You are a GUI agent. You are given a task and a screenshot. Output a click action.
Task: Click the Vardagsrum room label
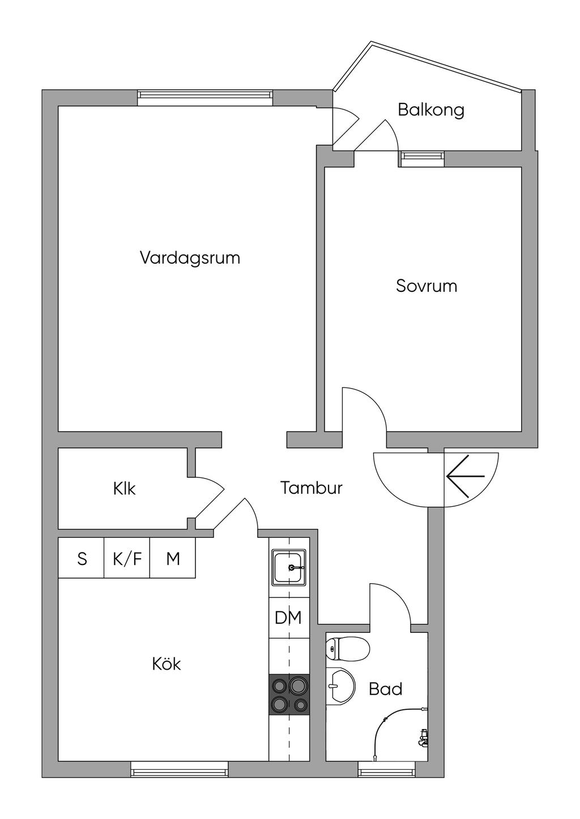tap(190, 258)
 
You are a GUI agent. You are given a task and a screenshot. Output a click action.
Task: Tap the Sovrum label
tap(427, 286)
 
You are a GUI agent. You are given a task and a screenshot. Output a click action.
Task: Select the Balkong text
tap(431, 110)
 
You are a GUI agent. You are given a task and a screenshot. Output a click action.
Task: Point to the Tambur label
tap(312, 488)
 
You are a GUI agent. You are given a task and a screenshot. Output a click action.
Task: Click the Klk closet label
tap(125, 489)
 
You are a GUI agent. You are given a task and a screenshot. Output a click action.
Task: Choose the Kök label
tap(167, 663)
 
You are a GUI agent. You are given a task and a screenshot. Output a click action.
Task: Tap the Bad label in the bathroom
tap(386, 689)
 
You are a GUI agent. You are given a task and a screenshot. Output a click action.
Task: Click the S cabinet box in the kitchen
tap(82, 558)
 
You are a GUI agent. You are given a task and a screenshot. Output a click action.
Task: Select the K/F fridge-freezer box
tap(127, 558)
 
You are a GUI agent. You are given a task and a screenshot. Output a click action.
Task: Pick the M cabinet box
tap(173, 558)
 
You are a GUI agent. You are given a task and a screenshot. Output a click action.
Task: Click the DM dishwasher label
tap(288, 618)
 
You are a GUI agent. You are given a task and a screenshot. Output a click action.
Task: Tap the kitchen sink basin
tap(289, 567)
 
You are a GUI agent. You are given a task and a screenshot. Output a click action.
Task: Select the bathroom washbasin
tap(340, 686)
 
